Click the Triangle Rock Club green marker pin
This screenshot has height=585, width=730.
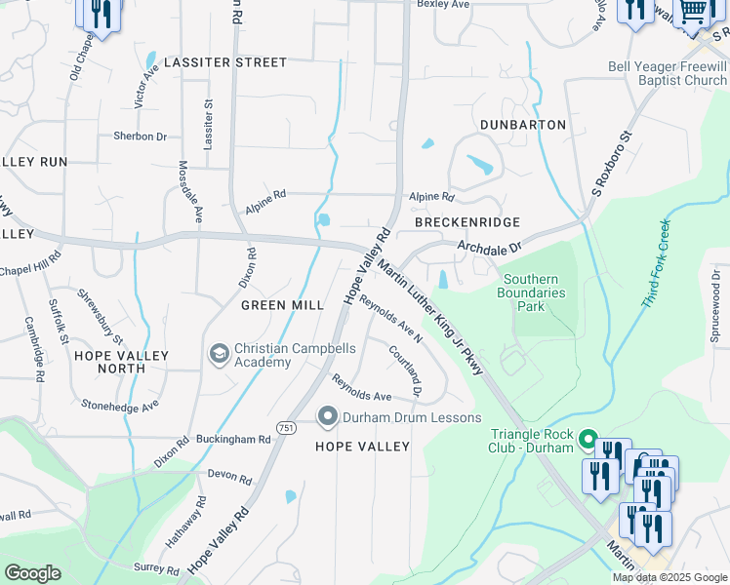point(588,440)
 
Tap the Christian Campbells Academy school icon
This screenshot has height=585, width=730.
point(220,352)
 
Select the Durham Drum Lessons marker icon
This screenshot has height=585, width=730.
point(327,417)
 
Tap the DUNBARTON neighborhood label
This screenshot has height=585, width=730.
point(523,125)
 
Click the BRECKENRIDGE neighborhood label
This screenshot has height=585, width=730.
point(467,222)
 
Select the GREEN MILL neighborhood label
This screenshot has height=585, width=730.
point(282,305)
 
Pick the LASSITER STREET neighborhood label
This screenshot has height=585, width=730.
point(225,62)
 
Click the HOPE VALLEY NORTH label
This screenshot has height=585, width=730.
point(122,362)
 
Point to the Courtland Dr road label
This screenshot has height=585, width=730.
point(405,370)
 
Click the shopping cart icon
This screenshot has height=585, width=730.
point(694,12)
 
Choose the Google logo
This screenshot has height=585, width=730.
point(33,573)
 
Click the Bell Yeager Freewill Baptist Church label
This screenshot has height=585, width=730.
point(668,73)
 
